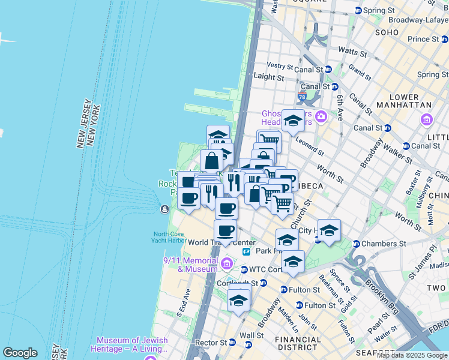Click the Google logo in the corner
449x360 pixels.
coord(20,353)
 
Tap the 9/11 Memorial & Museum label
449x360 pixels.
coord(190,265)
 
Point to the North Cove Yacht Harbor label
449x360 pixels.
coord(169,237)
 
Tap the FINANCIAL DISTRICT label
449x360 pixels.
coord(297,343)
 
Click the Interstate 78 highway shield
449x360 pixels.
coord(301,97)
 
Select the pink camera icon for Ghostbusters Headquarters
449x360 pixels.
coord(322,116)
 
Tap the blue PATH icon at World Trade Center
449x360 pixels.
coord(246,252)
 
